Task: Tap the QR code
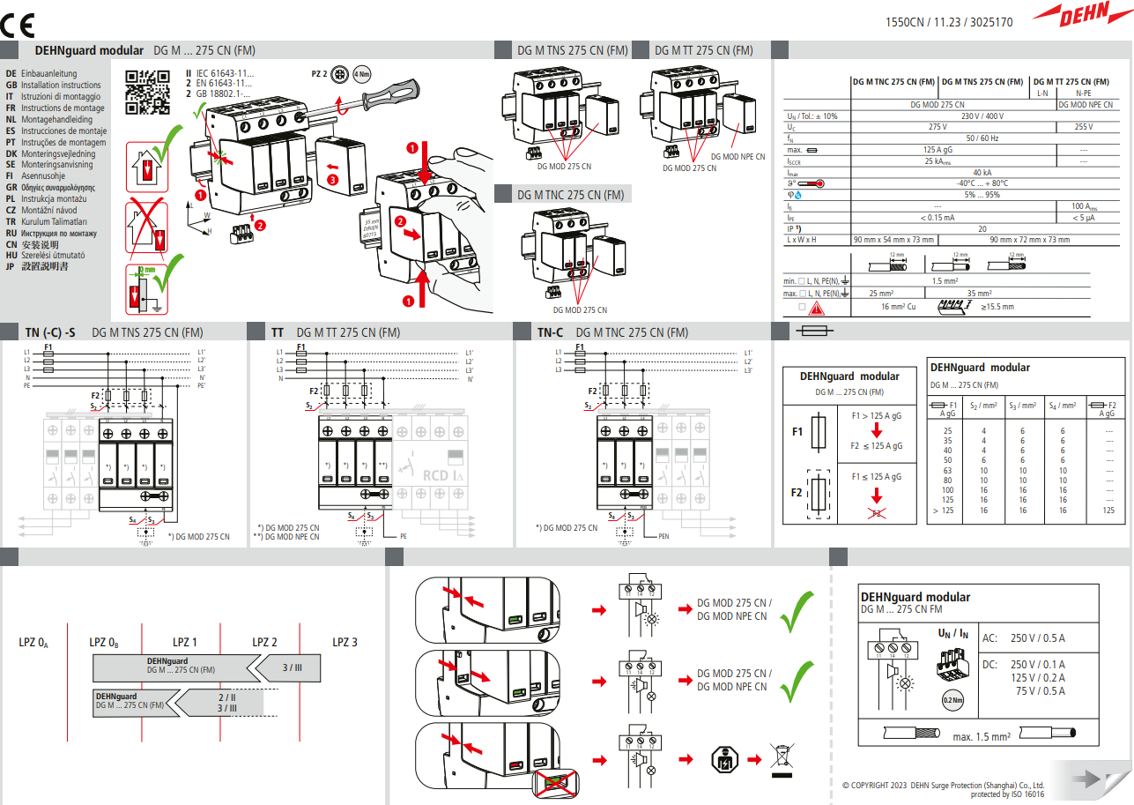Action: click(x=147, y=92)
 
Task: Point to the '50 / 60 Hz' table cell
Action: click(x=982, y=138)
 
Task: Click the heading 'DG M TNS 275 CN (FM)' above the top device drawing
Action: click(x=572, y=50)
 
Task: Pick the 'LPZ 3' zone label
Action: click(x=345, y=642)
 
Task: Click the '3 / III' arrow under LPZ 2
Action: click(x=291, y=668)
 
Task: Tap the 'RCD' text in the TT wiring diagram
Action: click(x=435, y=475)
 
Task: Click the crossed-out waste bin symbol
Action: click(x=780, y=759)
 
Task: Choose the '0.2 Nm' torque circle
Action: click(x=952, y=700)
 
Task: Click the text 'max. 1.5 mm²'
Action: click(x=982, y=736)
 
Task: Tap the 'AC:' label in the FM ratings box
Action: click(x=989, y=638)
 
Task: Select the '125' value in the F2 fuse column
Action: click(x=1108, y=510)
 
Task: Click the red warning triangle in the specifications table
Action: click(x=818, y=308)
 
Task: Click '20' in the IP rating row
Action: click(x=982, y=228)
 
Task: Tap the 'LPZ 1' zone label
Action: click(x=184, y=642)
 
